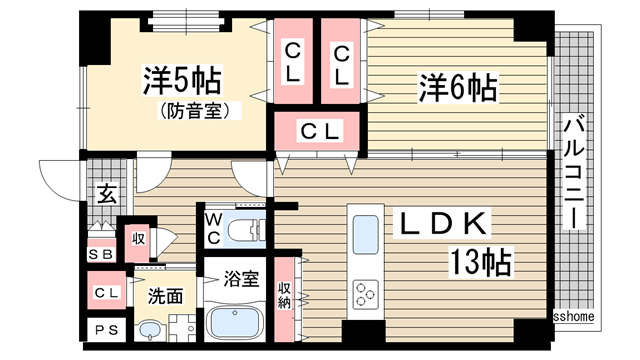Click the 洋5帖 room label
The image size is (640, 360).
click(181, 80)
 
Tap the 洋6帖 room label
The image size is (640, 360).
click(456, 88)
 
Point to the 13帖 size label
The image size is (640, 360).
click(480, 263)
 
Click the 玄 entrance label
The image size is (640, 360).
click(105, 194)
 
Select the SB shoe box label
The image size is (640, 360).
click(100, 253)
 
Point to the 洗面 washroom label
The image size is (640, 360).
click(166, 296)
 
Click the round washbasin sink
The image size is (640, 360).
click(150, 329)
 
